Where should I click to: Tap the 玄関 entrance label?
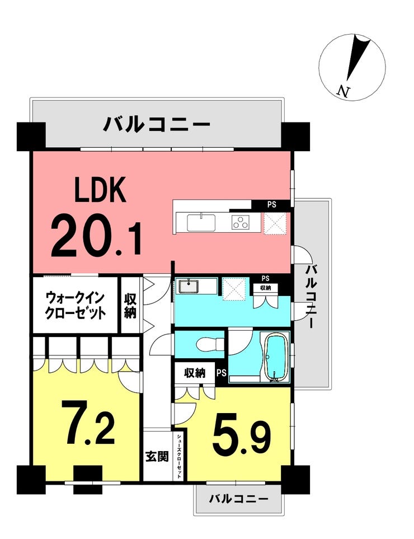157,456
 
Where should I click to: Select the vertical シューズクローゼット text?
179,455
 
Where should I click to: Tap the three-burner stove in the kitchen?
241,222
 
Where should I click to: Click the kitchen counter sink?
201,222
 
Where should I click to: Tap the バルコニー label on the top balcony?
156,124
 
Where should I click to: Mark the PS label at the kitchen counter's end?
271,205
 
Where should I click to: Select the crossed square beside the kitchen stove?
275,223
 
